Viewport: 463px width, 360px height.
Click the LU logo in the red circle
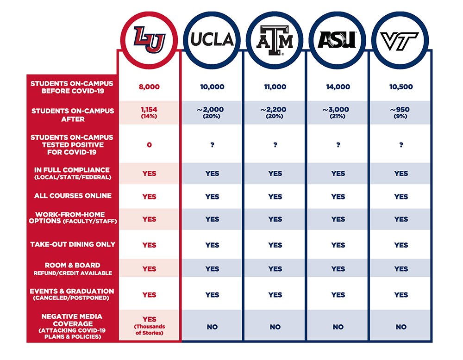pyautogui.click(x=149, y=39)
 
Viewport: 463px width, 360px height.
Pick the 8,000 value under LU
pyautogui.click(x=149, y=87)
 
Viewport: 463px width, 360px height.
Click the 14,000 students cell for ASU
pyautogui.click(x=338, y=87)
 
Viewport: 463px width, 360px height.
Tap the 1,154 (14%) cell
pyautogui.click(x=149, y=112)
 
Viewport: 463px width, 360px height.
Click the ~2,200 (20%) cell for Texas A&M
pyautogui.click(x=275, y=112)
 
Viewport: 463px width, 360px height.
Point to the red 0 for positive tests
pyautogui.click(x=149, y=145)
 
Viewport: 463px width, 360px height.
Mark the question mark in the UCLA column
pyautogui.click(x=212, y=145)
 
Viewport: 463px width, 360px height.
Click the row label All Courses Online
pyautogui.click(x=73, y=196)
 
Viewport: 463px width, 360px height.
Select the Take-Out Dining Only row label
pyautogui.click(x=73, y=244)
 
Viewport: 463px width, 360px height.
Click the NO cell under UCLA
pyautogui.click(x=212, y=327)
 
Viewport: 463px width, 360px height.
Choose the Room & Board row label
pyautogui.click(x=73, y=268)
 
